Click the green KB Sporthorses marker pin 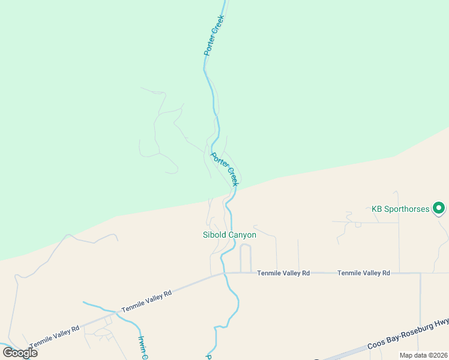439,209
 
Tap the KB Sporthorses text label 400,209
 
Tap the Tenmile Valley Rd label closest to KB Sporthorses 364,273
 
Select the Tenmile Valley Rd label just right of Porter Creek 283,273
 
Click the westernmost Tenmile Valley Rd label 55,334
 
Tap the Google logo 20,352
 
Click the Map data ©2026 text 423,355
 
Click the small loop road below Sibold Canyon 246,258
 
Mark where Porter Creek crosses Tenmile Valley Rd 224,273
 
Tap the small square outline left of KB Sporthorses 358,225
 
